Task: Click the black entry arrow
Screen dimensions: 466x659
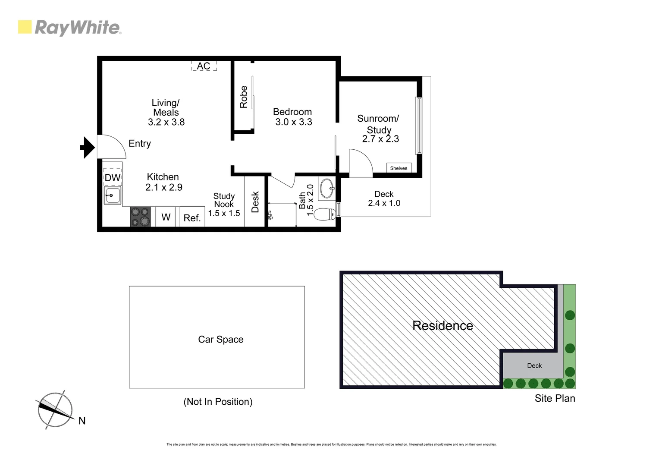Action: click(x=88, y=148)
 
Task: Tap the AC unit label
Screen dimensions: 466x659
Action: click(x=204, y=66)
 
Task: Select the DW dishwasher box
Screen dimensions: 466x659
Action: click(x=113, y=177)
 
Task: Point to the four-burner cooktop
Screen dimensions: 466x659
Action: click(x=140, y=217)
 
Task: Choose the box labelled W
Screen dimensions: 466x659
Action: click(x=166, y=217)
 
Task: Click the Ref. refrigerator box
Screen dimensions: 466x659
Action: click(x=192, y=218)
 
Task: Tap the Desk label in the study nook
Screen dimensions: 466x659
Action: click(x=255, y=202)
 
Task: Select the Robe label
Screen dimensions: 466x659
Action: click(x=244, y=97)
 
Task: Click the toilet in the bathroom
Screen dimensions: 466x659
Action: click(x=325, y=214)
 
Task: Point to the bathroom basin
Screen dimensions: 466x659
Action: click(x=327, y=189)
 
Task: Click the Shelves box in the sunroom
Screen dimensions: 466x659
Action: click(x=399, y=168)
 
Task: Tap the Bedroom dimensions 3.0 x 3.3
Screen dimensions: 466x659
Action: click(x=294, y=122)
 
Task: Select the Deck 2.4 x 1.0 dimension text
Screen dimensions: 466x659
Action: click(x=384, y=203)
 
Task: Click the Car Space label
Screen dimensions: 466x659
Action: click(x=220, y=340)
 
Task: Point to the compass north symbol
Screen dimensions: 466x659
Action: click(x=55, y=410)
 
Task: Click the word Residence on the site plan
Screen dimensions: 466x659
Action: click(x=442, y=325)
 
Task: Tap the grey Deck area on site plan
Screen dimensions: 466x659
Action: click(x=534, y=365)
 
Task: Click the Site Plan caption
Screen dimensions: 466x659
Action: click(x=555, y=398)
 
